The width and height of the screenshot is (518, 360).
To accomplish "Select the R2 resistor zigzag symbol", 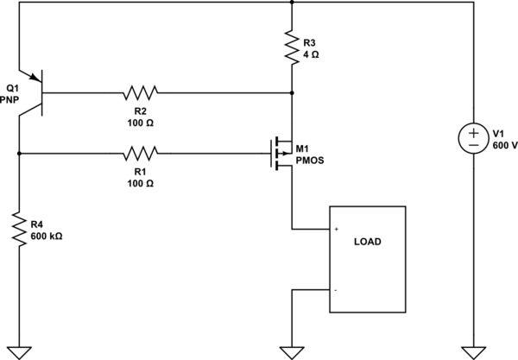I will [140, 92].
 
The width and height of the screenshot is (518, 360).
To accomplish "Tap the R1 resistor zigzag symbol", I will [140, 155].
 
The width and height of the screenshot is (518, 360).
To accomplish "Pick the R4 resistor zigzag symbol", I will [19, 229].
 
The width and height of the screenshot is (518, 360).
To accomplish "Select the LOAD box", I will [367, 260].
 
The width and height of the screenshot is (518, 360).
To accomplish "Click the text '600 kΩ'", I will [47, 236].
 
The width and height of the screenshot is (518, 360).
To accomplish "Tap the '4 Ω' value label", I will [313, 53].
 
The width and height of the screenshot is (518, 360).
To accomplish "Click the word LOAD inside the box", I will [367, 242].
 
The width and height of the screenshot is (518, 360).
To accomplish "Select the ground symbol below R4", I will [19, 351].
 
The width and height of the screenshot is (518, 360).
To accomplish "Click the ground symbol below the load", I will [293, 351].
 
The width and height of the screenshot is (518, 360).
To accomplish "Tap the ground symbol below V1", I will [474, 351].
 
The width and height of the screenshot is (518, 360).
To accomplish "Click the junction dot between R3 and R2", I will [293, 92].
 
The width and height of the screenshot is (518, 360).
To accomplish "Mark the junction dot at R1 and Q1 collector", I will [19, 155].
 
